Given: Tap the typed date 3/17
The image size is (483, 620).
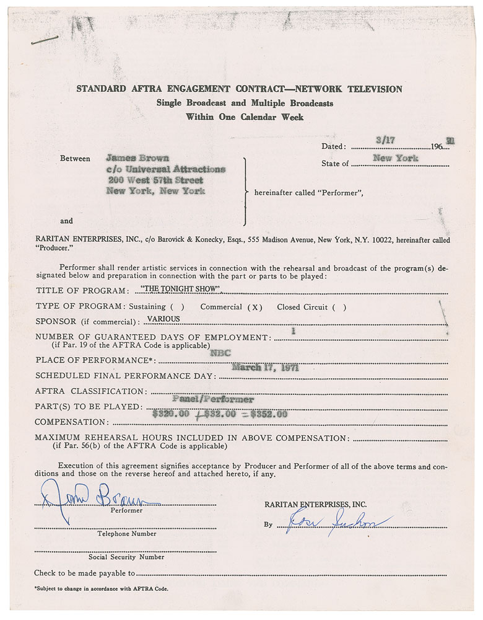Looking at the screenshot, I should [385, 141].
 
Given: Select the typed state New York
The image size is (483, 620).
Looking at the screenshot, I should [395, 158].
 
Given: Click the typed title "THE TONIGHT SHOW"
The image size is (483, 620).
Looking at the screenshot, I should [181, 290].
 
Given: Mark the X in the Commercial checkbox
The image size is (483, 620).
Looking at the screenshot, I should [253, 307].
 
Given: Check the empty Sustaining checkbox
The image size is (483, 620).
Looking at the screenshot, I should [176, 307].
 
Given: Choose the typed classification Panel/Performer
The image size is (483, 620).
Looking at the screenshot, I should [213, 400].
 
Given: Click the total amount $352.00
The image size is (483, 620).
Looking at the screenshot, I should [268, 414].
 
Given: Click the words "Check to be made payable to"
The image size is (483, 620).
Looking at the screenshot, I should [85, 573].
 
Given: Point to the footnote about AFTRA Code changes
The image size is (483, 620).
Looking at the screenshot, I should [101, 589].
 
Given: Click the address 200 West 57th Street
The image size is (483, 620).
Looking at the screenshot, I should [155, 180].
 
